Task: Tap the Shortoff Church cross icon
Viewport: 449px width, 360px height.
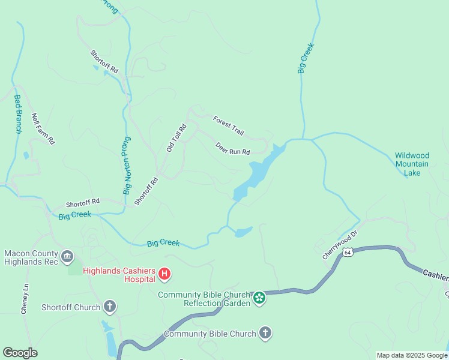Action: (109, 307)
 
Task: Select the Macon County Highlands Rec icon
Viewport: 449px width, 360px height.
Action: (67, 256)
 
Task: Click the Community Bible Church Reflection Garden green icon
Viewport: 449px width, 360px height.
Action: (259, 298)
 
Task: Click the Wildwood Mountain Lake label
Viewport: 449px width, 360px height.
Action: (412, 164)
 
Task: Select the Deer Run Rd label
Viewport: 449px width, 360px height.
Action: (232, 148)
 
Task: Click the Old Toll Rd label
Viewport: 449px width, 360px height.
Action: (176, 137)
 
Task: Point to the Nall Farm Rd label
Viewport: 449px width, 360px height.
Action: (43, 128)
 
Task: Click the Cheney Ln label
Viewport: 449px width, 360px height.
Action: (25, 299)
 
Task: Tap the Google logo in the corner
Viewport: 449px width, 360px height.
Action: (20, 353)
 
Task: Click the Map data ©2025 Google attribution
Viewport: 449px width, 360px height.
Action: (412, 355)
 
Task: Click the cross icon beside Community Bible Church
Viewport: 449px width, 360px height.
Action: (265, 333)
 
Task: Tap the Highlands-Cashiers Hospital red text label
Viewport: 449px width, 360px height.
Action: (119, 274)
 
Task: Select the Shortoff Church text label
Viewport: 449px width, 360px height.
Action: (71, 308)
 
